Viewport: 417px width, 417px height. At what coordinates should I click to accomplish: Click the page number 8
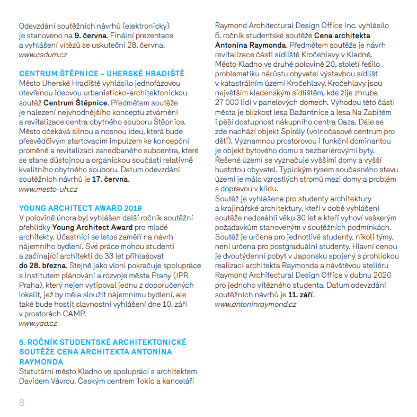22,402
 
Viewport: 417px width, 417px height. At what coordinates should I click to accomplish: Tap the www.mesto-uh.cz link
48,189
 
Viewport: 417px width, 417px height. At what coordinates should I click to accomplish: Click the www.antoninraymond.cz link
255,304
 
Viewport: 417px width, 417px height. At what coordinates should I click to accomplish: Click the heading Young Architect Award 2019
81,208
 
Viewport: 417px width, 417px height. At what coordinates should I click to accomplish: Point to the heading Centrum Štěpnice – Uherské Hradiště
102,73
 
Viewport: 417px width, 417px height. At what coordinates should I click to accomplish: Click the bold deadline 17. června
110,179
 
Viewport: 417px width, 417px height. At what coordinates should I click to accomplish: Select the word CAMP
75,313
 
